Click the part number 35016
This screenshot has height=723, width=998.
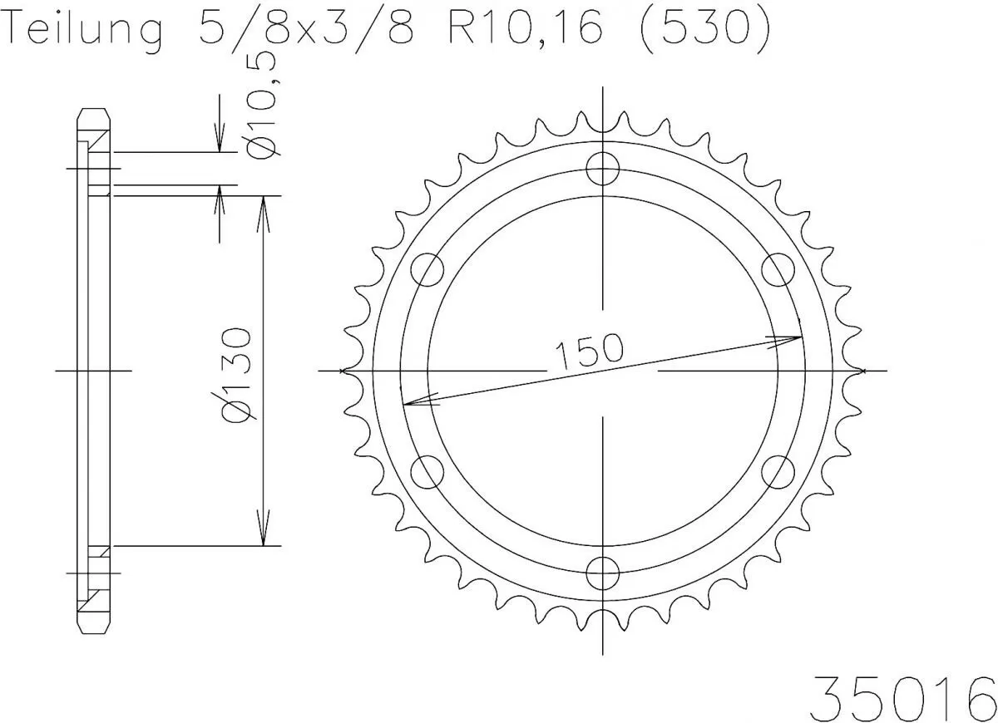pos(903,691)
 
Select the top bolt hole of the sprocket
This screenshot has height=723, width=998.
pos(603,170)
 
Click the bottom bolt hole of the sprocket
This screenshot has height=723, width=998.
pos(603,573)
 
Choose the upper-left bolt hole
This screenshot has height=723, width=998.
pos(428,270)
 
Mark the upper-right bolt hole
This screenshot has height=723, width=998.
pos(778,270)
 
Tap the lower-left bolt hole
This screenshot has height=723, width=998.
pos(428,472)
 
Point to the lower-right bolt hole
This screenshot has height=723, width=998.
pos(778,472)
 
